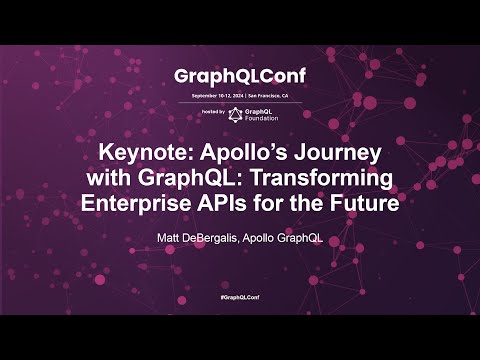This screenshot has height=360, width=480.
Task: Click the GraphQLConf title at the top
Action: click(240, 76)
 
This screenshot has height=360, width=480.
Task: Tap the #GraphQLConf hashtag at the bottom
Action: click(240, 300)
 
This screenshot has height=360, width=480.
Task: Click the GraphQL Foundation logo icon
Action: click(236, 113)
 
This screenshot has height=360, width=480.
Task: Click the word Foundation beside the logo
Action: click(262, 117)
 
